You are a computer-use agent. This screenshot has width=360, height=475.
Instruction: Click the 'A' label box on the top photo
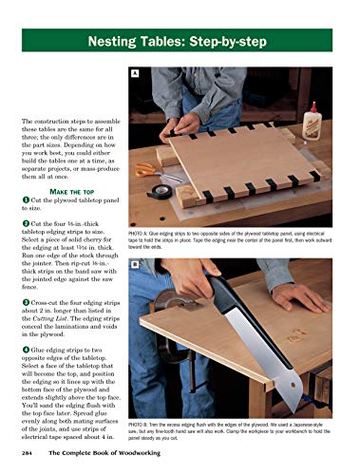(x=135, y=72)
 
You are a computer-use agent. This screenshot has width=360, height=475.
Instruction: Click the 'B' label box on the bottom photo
(x=135, y=263)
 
